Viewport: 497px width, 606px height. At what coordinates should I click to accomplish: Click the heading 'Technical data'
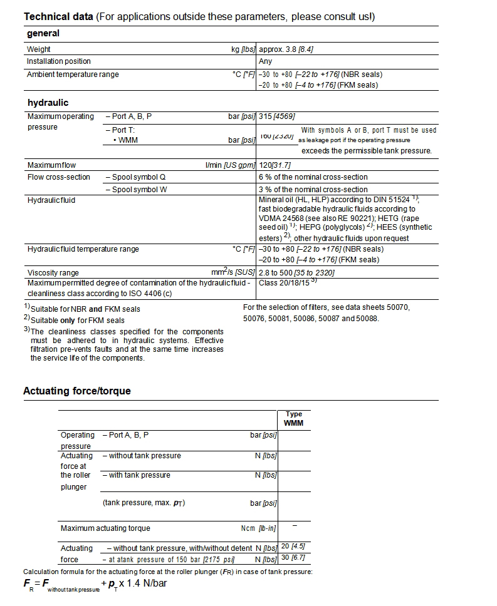(x=58, y=16)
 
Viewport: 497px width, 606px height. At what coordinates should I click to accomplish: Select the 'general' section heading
(x=43, y=34)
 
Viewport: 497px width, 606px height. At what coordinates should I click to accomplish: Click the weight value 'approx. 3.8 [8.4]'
(x=291, y=49)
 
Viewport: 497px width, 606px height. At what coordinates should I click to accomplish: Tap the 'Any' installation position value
(x=265, y=61)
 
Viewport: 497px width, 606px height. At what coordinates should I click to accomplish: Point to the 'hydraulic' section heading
(x=48, y=103)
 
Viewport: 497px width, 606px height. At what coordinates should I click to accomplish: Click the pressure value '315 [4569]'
(x=276, y=116)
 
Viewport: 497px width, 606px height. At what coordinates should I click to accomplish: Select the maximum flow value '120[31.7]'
(x=275, y=165)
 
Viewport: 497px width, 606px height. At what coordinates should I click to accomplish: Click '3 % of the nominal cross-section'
(x=313, y=189)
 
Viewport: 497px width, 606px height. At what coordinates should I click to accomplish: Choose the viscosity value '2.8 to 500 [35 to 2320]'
(x=296, y=272)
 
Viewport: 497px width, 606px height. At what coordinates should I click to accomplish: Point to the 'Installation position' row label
(x=58, y=61)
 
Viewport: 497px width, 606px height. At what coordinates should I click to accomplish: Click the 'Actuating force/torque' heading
(x=77, y=391)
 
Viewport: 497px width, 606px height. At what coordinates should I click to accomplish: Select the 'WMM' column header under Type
(x=293, y=423)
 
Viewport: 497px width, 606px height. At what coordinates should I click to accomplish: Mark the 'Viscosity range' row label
(x=53, y=272)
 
